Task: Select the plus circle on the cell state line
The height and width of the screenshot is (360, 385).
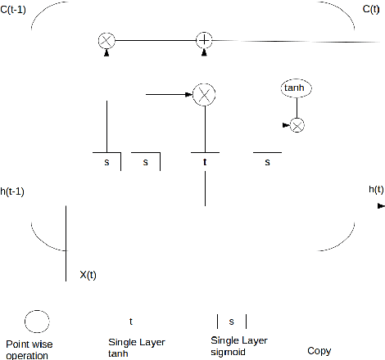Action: coord(204,40)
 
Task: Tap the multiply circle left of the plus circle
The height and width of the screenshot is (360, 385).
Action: coord(106,40)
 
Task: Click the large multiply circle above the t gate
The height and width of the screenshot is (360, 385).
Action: coord(204,95)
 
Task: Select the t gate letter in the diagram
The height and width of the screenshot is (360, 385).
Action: coord(205,162)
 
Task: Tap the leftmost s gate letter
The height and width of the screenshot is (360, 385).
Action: coord(106,162)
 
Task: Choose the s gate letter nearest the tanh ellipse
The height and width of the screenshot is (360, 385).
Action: coord(267,162)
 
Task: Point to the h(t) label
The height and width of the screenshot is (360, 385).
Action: coord(377,190)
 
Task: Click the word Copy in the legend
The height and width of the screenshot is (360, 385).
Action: coord(319,351)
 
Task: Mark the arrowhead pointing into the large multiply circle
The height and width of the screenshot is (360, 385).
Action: coord(188,95)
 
